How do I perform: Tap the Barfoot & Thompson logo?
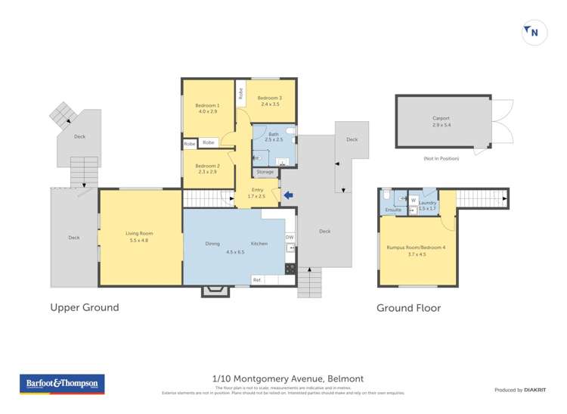click(62, 384)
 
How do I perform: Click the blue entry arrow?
click(287, 196)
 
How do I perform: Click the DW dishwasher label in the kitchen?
click(289, 238)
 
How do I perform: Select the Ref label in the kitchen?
click(256, 280)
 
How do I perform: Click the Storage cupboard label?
click(265, 172)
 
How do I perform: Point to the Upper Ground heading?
click(85, 307)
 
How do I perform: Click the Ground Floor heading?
click(408, 307)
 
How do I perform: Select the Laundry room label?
click(428, 203)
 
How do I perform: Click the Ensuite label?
click(393, 210)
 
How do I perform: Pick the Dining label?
click(212, 244)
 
